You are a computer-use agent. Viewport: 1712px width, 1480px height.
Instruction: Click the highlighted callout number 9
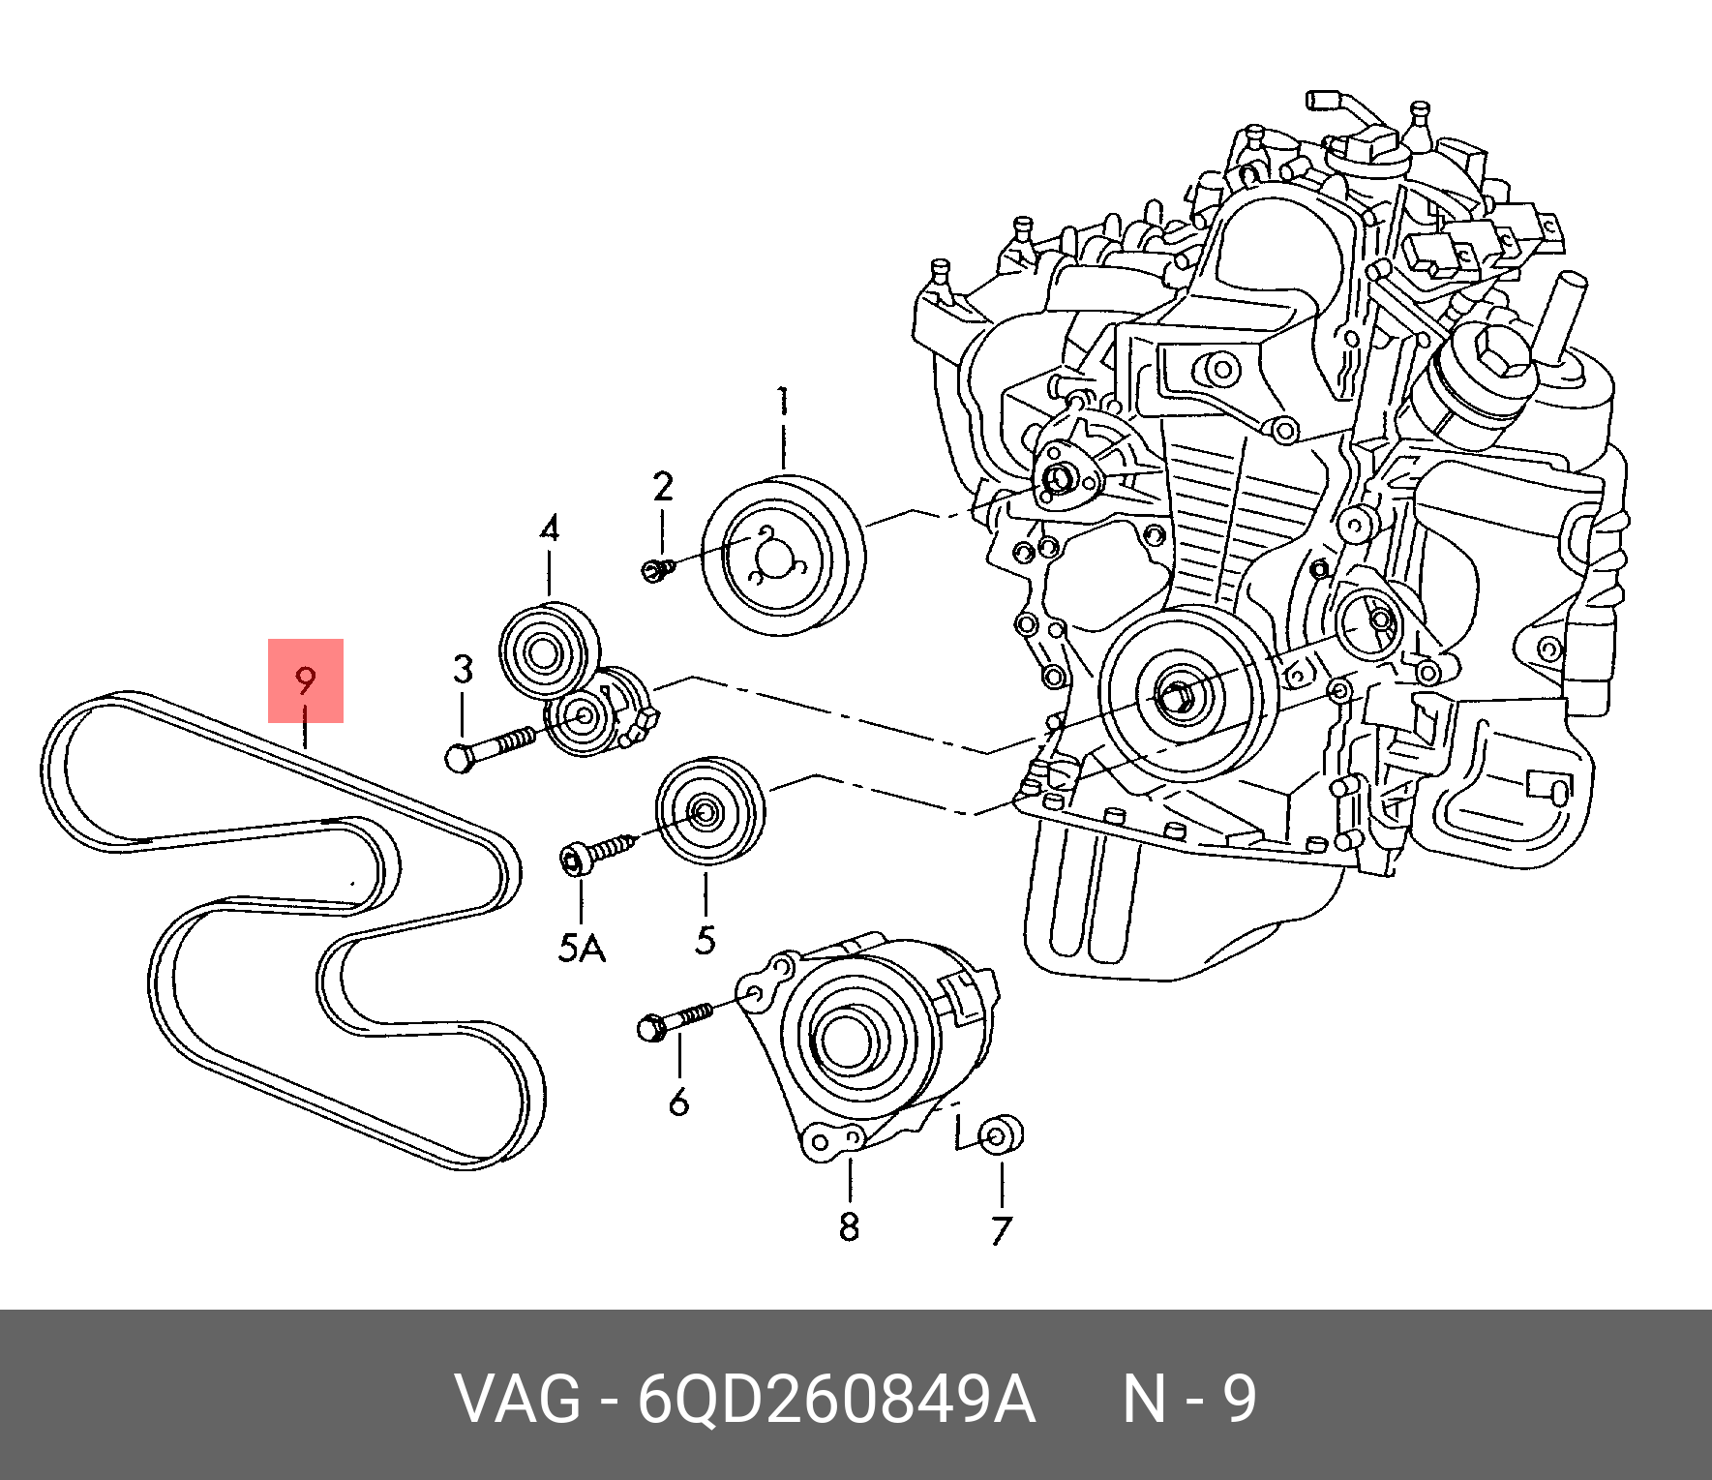tap(306, 680)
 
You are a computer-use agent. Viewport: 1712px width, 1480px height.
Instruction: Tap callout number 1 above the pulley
tap(783, 402)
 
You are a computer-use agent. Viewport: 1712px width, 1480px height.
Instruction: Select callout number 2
tap(662, 487)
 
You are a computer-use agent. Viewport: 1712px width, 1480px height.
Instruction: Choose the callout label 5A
tap(581, 948)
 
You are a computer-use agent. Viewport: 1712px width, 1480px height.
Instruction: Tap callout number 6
tap(679, 1102)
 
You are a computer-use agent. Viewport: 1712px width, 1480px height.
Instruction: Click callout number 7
tap(1002, 1230)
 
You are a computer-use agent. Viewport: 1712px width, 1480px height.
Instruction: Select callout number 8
tap(849, 1226)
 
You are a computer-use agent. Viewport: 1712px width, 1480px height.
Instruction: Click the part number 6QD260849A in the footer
tap(836, 1400)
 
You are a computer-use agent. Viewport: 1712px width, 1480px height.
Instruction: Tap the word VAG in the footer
tap(519, 1400)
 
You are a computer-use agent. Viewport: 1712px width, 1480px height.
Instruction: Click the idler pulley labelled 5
tap(707, 811)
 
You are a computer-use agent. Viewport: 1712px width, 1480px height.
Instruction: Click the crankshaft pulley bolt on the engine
tap(1175, 695)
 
